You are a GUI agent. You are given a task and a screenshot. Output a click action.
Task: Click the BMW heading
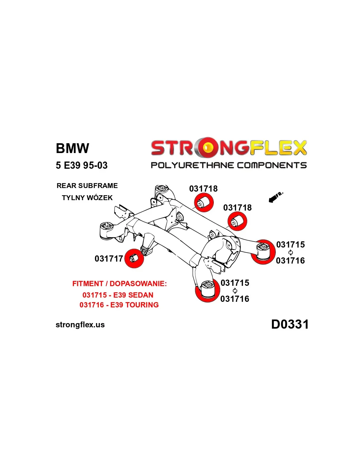pos(72,148)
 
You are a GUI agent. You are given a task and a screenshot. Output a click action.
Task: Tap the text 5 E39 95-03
pos(81,165)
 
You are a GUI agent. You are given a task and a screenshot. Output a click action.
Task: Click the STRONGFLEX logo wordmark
pos(228,148)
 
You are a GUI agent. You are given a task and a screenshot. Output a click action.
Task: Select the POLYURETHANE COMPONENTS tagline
pos(228,165)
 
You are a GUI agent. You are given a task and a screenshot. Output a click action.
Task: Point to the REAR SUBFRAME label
pos(87,186)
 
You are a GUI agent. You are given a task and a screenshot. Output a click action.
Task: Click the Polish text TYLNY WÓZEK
pos(87,198)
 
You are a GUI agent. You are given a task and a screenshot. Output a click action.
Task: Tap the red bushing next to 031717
pos(134,258)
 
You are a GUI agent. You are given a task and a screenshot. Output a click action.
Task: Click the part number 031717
pos(109,259)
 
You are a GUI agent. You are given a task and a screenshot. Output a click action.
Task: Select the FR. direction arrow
pos(275,197)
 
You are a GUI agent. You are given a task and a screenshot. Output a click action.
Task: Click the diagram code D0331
pos(290,324)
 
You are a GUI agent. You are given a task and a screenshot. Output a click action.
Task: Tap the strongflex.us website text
pos(80,325)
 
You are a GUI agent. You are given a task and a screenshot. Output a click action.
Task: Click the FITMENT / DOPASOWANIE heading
pos(119,284)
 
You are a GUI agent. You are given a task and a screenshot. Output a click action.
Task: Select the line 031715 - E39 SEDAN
pos(118,295)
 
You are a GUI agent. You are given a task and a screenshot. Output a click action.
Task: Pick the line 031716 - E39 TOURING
pos(119,305)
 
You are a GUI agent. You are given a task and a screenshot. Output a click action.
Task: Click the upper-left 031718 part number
pos(203,189)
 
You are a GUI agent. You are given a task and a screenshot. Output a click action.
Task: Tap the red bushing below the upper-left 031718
pos(204,203)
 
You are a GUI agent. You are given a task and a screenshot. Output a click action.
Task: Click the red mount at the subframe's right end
pos(263,251)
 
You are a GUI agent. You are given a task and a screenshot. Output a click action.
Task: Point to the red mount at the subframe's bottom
pos(207,290)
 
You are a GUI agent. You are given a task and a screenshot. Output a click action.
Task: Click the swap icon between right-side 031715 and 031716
pos(291,252)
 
